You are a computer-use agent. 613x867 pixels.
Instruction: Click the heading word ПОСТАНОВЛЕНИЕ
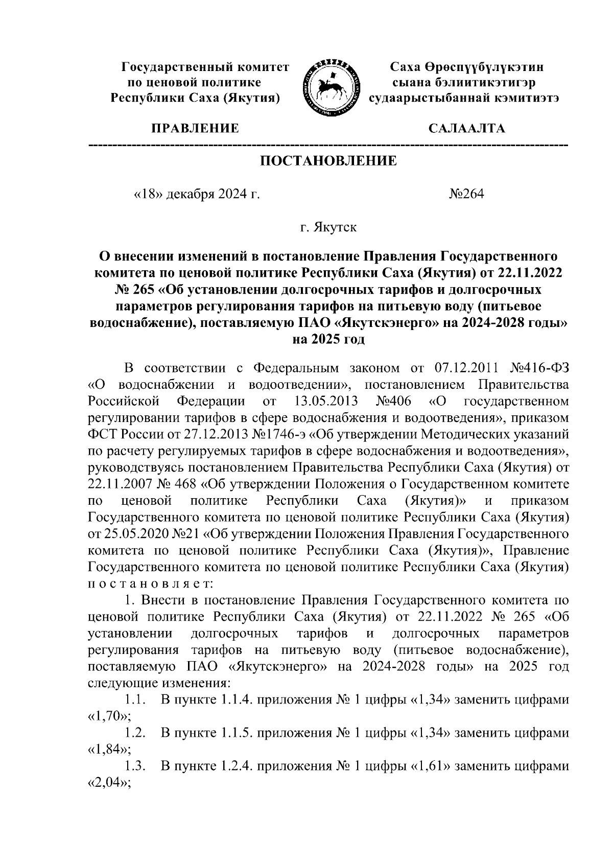pyautogui.click(x=328, y=161)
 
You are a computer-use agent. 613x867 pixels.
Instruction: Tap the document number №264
pyautogui.click(x=466, y=194)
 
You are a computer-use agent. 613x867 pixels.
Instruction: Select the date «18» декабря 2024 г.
pyautogui.click(x=196, y=194)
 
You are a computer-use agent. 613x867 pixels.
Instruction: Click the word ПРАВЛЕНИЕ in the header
pyautogui.click(x=194, y=128)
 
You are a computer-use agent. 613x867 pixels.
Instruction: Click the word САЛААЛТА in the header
pyautogui.click(x=466, y=128)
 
